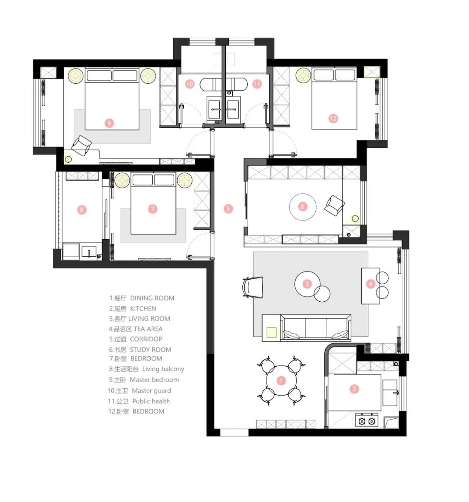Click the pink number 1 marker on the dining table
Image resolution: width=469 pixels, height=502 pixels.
pyautogui.click(x=281, y=380)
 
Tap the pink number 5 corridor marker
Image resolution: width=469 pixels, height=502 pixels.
pyautogui.click(x=228, y=209)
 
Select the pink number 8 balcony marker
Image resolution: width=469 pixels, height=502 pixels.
pyautogui.click(x=82, y=210)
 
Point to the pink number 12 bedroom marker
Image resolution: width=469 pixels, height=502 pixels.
pyautogui.click(x=333, y=119)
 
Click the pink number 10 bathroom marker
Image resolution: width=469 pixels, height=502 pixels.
pyautogui.click(x=189, y=84)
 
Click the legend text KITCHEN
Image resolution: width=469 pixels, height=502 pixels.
pyautogui.click(x=143, y=309)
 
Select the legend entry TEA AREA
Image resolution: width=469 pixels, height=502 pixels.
pyautogui.click(x=148, y=329)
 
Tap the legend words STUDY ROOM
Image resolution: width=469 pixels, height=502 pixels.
pyautogui.click(x=150, y=350)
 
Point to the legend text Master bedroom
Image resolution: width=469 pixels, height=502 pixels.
pyautogui.click(x=154, y=380)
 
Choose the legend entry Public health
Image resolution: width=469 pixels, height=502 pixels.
pyautogui.click(x=151, y=401)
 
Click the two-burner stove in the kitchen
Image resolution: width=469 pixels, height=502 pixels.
pyautogui.click(x=367, y=421)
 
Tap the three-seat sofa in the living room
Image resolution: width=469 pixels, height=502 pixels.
pyautogui.click(x=316, y=327)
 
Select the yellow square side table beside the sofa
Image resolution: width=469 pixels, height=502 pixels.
pyautogui.click(x=271, y=332)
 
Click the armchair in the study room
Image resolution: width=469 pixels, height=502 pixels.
pyautogui.click(x=334, y=205)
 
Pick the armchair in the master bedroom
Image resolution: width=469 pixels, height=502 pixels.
pyautogui.click(x=81, y=145)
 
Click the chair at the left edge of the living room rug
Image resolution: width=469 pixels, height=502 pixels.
pyautogui.click(x=253, y=287)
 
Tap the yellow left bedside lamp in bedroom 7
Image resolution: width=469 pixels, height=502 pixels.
pyautogui.click(x=122, y=180)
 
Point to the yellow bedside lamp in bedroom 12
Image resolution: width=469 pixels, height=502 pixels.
pyautogui.click(x=303, y=75)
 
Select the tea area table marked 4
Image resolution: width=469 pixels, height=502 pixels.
pyautogui.click(x=370, y=286)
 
